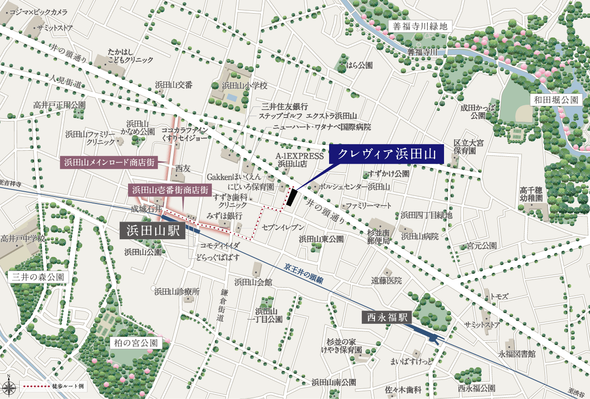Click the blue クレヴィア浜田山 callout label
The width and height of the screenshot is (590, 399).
(x=386, y=154)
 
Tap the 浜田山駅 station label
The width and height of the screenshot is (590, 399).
(x=153, y=230)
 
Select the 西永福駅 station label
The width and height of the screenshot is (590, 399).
(x=387, y=317)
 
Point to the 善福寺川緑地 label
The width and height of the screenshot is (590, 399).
(x=420, y=26)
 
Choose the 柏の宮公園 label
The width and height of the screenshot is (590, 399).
(x=135, y=343)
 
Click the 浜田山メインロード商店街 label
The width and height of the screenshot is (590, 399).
(x=109, y=163)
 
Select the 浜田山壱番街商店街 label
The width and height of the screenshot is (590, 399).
(x=170, y=190)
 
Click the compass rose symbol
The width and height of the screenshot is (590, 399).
(x=9, y=386)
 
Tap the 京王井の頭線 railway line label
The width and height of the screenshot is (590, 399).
(x=303, y=273)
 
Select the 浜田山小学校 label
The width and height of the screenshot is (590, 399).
(x=244, y=86)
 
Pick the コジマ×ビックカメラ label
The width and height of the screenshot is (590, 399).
(x=38, y=12)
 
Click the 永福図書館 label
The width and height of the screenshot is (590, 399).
(x=517, y=354)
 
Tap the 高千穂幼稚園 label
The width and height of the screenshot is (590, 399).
(x=531, y=194)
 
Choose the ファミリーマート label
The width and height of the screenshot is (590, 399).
(x=368, y=205)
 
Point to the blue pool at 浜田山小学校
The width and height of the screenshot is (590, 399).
(x=232, y=97)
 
